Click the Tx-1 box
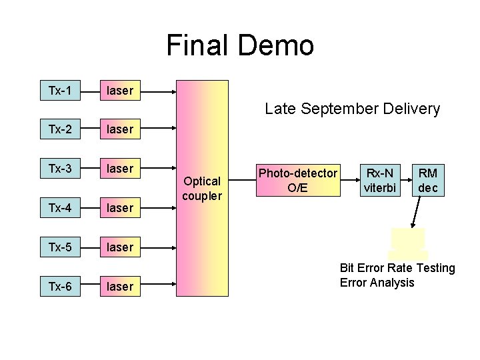point(60,90)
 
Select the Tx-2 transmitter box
point(60,129)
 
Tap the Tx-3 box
point(60,168)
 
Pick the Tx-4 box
point(60,207)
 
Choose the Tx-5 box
point(60,247)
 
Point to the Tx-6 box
point(60,286)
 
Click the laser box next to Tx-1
point(120,90)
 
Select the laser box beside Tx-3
point(120,168)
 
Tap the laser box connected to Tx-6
point(120,286)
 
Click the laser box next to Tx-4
point(120,207)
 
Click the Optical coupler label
point(202,188)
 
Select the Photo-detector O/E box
point(298,181)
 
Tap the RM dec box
point(427,181)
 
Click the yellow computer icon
point(408,243)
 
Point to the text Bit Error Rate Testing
point(397,268)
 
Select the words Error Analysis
point(377,283)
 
